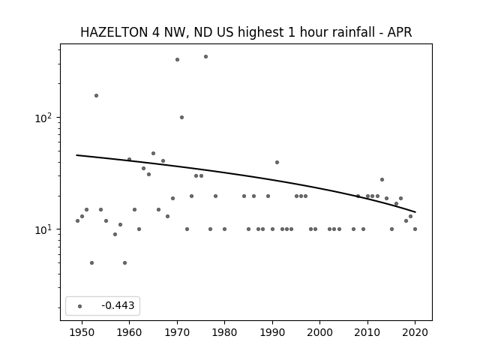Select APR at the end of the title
(x=400, y=32)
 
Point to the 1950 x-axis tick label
(x=82, y=332)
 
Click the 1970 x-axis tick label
(x=177, y=332)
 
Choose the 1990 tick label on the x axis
(x=272, y=332)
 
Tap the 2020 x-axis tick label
(x=415, y=332)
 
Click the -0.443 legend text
(x=118, y=305)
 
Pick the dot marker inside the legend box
(x=80, y=306)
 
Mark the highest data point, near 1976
(x=205, y=57)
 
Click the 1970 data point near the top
(x=177, y=60)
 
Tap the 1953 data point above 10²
(x=96, y=95)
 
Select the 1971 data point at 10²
(x=181, y=117)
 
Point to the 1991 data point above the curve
(x=277, y=162)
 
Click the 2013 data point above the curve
(x=382, y=180)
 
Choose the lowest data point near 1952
(x=91, y=262)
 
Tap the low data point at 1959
(x=124, y=262)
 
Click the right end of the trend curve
(x=415, y=211)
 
